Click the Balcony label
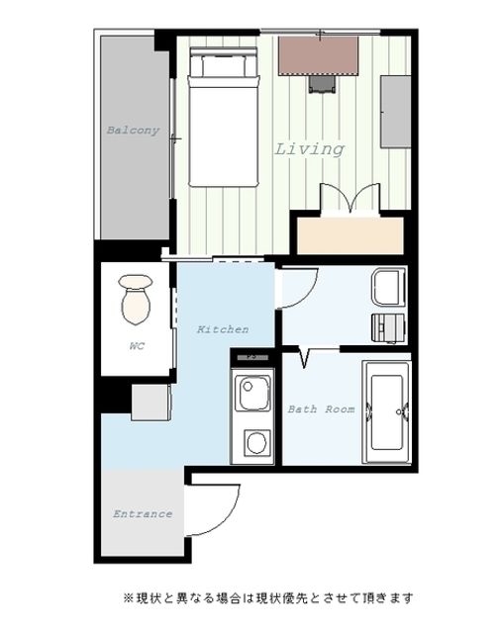[x=133, y=131]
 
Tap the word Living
[x=310, y=149]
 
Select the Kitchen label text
[x=223, y=329]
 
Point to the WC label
[x=137, y=346]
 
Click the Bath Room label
[x=321, y=409]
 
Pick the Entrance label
[x=143, y=514]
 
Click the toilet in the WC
[x=136, y=299]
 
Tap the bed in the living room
[x=224, y=117]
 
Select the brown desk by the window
[x=319, y=56]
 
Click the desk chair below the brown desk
[x=322, y=84]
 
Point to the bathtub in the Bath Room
[x=387, y=412]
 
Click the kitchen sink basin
[x=252, y=393]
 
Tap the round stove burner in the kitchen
[x=256, y=442]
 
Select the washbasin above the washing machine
[x=389, y=287]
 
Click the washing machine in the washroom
[x=389, y=327]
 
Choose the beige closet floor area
[x=351, y=235]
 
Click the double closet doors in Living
[x=351, y=198]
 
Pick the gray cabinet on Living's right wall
[x=396, y=112]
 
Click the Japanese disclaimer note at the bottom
[x=268, y=597]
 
